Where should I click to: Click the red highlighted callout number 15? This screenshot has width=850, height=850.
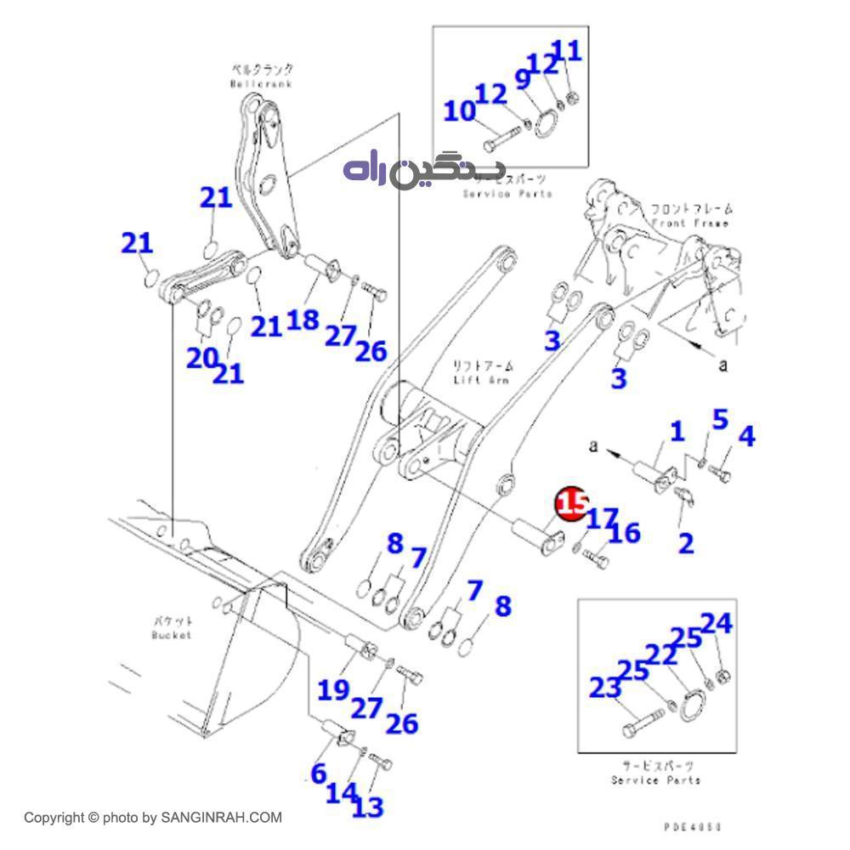point(570,502)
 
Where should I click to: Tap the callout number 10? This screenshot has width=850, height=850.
point(460,111)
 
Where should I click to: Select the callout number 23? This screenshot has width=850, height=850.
point(605,687)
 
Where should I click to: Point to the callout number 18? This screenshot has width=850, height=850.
point(303,320)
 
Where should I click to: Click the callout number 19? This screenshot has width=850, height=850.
point(334,689)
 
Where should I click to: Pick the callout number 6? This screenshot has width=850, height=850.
point(318,773)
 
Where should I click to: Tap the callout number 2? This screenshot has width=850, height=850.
point(685,542)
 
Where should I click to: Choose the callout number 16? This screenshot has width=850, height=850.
point(624,533)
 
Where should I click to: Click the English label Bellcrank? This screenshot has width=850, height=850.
point(254,84)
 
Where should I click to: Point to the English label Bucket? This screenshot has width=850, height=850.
point(172,634)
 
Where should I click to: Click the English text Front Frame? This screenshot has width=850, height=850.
point(690,223)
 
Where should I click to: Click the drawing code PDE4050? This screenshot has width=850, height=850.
point(693,825)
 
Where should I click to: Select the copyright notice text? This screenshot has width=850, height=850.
point(153,818)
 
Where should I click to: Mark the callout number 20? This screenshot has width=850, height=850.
point(202,358)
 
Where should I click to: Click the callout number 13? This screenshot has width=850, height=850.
point(367,807)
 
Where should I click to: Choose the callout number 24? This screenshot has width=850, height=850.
point(716,625)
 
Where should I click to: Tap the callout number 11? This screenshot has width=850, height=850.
point(568,51)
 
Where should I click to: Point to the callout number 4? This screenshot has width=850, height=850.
point(745,437)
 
